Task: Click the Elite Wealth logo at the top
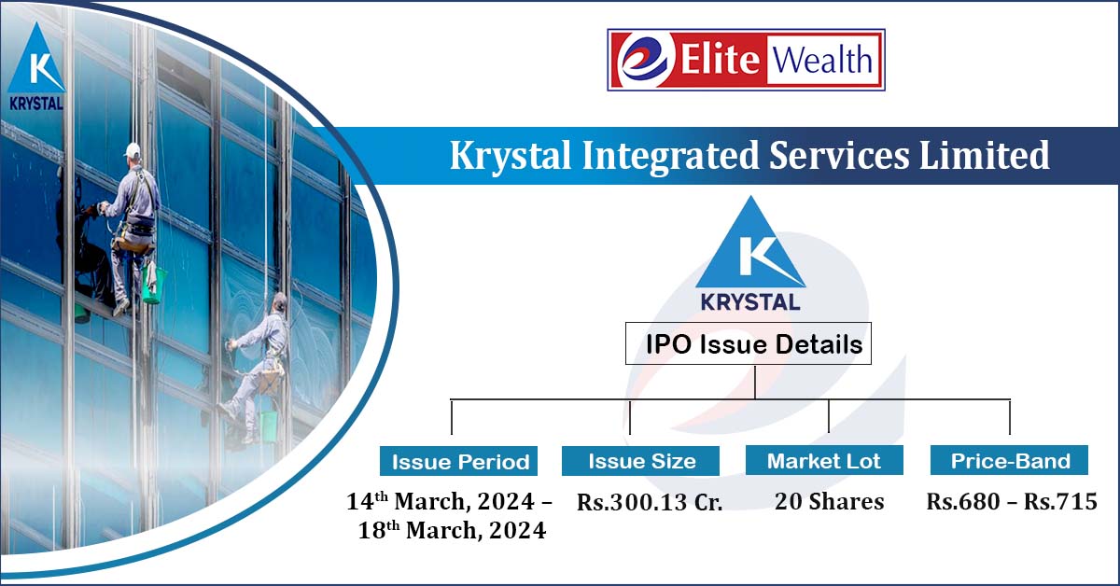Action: (746, 60)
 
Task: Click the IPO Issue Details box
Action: (748, 344)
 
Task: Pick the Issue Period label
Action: (460, 461)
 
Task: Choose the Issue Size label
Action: (641, 461)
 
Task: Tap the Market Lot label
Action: (824, 461)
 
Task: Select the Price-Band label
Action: (1009, 461)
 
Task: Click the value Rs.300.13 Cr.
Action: (650, 503)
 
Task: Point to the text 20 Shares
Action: (829, 502)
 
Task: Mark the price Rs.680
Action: (962, 502)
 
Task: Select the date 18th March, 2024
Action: (452, 531)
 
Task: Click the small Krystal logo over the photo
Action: (36, 71)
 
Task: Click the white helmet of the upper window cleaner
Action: (133, 149)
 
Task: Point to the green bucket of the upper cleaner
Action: (155, 285)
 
